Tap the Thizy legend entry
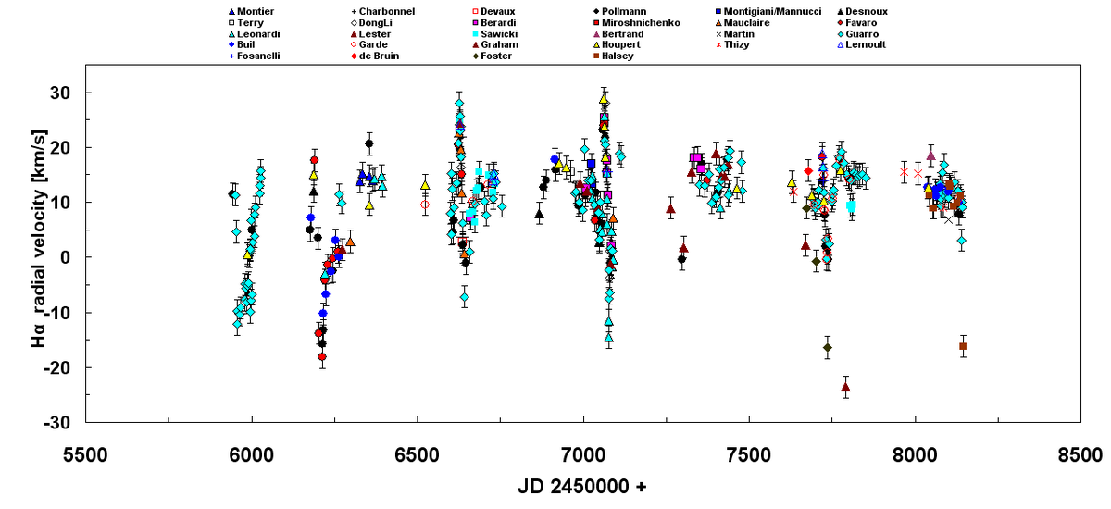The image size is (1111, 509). pos(738,44)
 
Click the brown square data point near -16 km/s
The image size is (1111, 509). pos(963,346)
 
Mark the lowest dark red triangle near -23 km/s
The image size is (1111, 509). pos(845,387)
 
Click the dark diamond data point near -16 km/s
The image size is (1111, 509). pos(827,347)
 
